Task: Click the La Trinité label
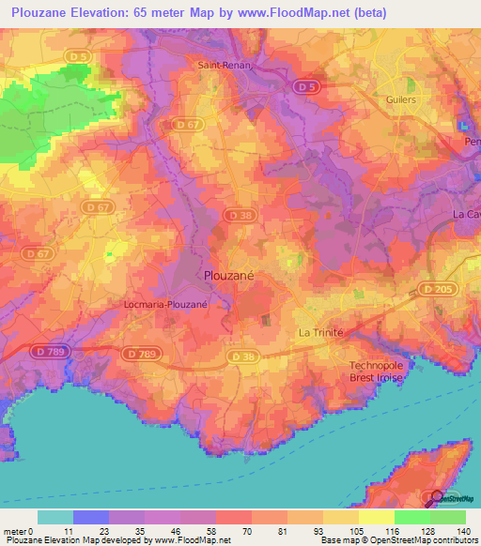tap(321, 333)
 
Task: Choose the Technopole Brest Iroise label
tap(380, 372)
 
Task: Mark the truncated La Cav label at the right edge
tap(467, 214)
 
